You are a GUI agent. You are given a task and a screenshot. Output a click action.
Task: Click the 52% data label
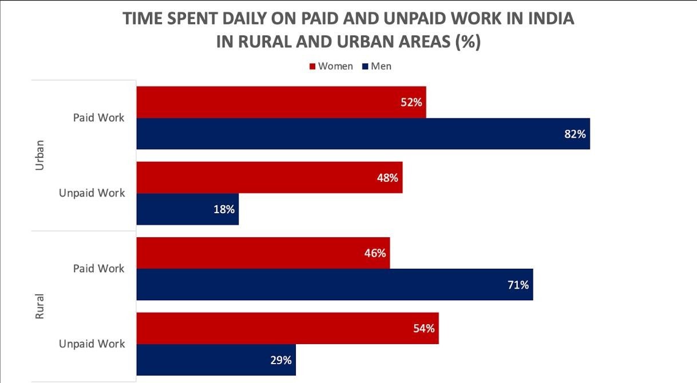click(411, 102)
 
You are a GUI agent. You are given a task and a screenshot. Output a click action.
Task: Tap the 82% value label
click(575, 134)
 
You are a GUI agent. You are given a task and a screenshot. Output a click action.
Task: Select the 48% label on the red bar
click(387, 178)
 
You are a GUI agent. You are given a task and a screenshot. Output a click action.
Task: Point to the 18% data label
click(224, 209)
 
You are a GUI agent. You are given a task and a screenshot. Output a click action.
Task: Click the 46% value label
click(375, 253)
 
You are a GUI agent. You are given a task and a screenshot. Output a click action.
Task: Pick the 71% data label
click(518, 285)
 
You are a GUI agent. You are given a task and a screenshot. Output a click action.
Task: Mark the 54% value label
click(424, 328)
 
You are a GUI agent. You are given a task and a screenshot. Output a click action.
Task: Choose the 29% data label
click(281, 360)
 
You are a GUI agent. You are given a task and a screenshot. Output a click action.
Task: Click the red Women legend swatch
click(312, 67)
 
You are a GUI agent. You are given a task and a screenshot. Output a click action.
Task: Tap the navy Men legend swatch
click(365, 67)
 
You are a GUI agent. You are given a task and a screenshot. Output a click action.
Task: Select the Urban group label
click(39, 155)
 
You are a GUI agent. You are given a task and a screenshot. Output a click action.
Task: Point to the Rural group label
click(39, 306)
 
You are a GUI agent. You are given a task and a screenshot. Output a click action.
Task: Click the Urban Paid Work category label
click(98, 118)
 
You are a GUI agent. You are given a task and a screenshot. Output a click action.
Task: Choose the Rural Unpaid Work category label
click(92, 344)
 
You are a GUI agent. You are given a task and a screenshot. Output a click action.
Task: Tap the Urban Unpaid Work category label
click(92, 193)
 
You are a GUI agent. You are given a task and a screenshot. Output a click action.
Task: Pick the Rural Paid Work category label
click(98, 268)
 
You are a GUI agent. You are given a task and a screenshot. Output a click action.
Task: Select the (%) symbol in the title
click(465, 42)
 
